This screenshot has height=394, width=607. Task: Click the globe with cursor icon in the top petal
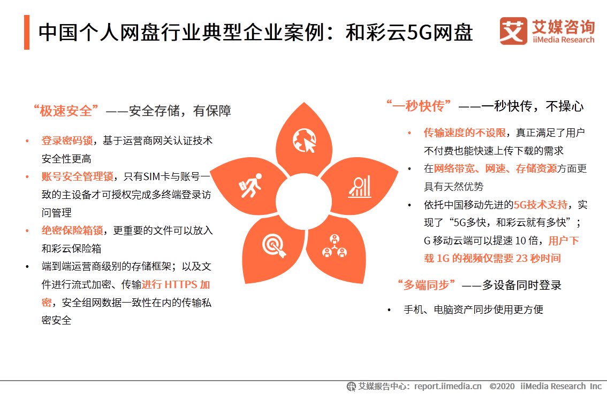[303, 141]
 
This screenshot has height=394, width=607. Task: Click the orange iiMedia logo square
[513, 31]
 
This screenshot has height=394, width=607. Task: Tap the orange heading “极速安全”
[66, 111]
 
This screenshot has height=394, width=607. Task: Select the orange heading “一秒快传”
[420, 106]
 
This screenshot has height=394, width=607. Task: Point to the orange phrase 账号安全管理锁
[77, 176]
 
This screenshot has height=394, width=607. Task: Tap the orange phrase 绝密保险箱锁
[72, 230]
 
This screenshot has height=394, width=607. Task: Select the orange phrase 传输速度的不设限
[465, 133]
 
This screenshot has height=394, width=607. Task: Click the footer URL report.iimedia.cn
[447, 386]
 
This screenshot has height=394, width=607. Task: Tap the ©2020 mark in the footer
[502, 386]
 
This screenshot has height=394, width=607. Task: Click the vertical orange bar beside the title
[27, 32]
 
